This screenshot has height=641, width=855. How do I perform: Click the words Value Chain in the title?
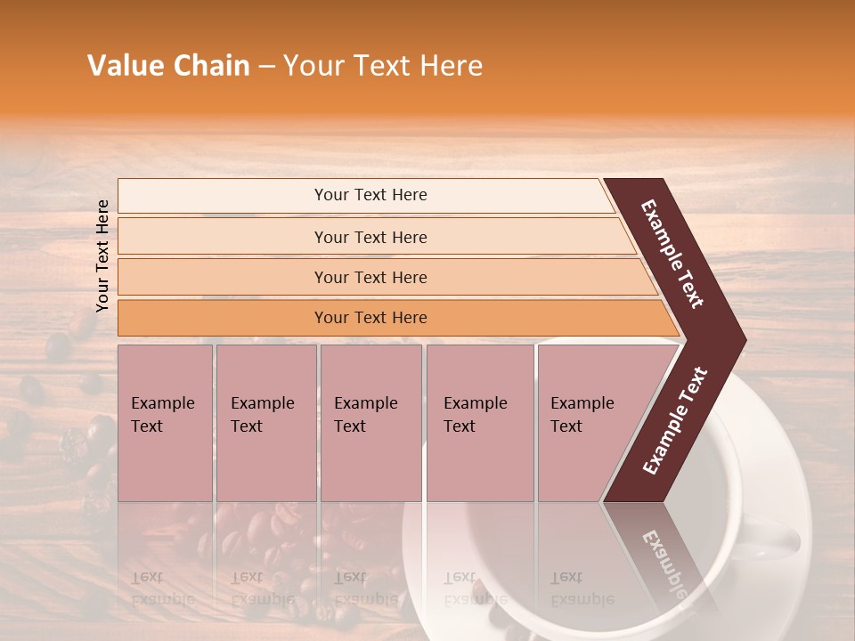168,66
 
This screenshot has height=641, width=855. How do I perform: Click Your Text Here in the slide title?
383,66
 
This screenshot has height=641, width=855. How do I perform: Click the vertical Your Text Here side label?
102,256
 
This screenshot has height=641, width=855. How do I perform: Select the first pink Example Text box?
165,422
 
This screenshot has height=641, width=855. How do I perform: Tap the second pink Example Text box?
265,422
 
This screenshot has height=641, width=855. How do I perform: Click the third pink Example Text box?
370,422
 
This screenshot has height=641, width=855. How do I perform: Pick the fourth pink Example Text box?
480,422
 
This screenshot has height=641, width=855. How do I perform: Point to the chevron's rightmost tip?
743,340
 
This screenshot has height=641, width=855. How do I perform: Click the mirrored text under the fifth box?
582,588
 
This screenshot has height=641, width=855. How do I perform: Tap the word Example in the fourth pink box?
475,403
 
